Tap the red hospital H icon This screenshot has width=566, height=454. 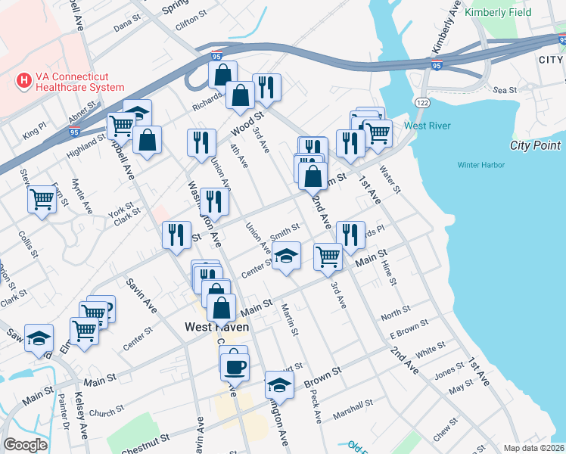(x=24, y=79)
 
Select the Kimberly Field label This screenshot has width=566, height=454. (x=498, y=13)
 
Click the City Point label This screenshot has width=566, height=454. (x=536, y=146)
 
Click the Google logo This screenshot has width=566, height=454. (x=25, y=445)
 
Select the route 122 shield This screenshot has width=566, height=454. (x=421, y=101)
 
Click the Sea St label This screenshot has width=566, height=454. (x=504, y=89)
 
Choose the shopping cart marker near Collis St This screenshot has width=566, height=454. (x=42, y=199)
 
